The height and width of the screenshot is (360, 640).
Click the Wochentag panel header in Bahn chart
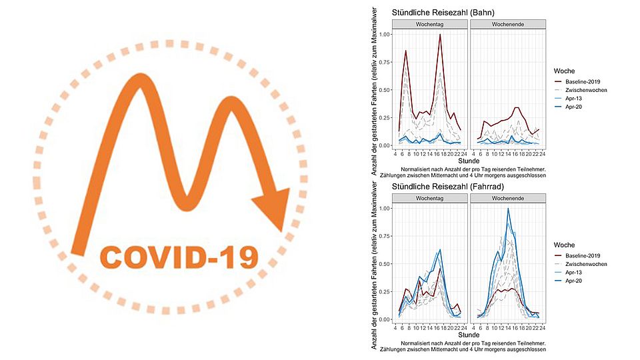point(430,24)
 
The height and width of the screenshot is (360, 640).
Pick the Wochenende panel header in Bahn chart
point(509,24)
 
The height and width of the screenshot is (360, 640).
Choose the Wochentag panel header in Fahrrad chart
point(430,199)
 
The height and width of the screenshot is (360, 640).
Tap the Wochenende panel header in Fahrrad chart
point(509,199)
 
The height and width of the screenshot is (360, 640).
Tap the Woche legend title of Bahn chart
point(565,70)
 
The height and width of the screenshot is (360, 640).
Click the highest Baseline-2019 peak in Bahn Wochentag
point(440,35)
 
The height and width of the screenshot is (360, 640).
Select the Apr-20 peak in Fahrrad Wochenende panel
point(508,209)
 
